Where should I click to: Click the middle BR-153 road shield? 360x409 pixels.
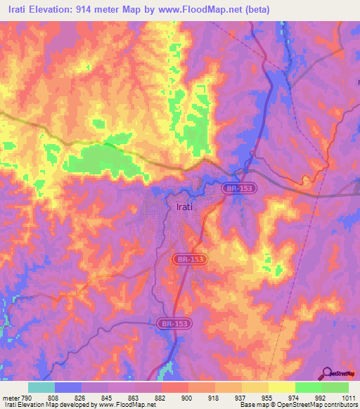(x=188, y=259)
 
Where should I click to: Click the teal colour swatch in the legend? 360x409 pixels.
(x=41, y=387)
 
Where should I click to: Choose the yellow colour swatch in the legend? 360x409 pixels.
(x=282, y=387)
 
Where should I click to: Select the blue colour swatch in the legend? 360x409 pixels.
(x=68, y=387)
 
